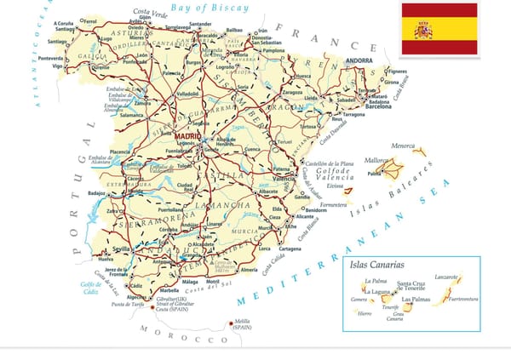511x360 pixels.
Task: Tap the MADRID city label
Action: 187,134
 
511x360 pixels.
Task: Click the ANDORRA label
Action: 360,60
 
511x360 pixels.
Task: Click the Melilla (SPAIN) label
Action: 243,323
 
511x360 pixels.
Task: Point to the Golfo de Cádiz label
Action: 91,288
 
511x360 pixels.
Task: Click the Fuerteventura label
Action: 463,300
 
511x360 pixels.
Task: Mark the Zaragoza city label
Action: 291,91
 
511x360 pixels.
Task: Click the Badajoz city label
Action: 95,193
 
